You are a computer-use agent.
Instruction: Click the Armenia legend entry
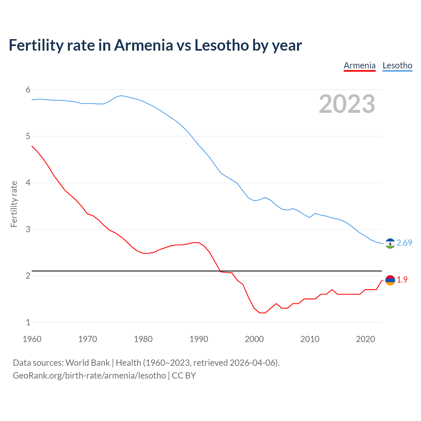pos(359,65)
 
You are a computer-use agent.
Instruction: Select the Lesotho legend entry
pos(397,65)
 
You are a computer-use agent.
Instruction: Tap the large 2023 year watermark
pos(347,104)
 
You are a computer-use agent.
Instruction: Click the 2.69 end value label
pos(404,243)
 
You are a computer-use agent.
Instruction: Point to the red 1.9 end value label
pos(402,280)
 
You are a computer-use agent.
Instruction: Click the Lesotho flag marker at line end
pos(390,243)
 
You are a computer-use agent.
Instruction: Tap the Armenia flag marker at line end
pos(390,280)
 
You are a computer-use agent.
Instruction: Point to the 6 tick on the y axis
pos(28,90)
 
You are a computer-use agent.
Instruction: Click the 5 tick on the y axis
pos(28,136)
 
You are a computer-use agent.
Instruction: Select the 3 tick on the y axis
pos(28,229)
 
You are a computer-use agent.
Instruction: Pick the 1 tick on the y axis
pos(28,322)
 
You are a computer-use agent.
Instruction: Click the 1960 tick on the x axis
pos(32,339)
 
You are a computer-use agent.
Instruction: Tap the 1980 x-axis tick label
pos(143,339)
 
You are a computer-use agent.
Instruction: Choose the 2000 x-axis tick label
pos(254,339)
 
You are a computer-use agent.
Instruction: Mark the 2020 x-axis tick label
pos(365,339)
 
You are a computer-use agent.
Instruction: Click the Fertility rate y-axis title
pos(14,204)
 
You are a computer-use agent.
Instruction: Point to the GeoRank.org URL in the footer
pos(89,376)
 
